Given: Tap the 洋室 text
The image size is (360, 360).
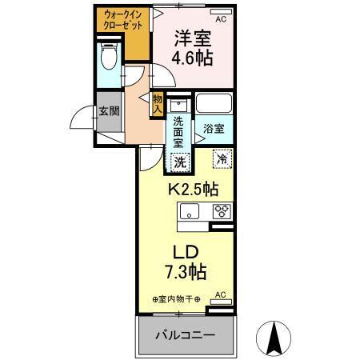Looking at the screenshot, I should pos(193,37).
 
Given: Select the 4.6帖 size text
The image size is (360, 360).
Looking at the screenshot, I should pos(193,58).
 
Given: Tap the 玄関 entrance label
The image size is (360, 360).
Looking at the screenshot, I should pos(108,110).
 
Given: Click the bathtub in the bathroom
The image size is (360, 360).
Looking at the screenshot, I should pos(214,104).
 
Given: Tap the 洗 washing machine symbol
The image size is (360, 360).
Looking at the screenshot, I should pos(181,160).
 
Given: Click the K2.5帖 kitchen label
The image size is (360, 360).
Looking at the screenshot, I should pos(192,190).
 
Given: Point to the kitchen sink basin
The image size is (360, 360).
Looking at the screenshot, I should pos(190,211).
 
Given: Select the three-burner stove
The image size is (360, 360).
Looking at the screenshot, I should pos(222,211).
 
